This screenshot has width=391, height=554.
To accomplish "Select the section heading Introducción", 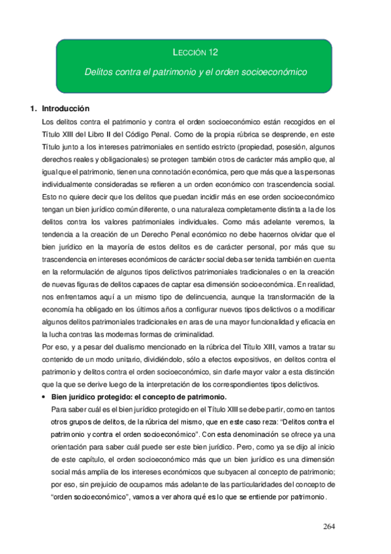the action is (x=65, y=108).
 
